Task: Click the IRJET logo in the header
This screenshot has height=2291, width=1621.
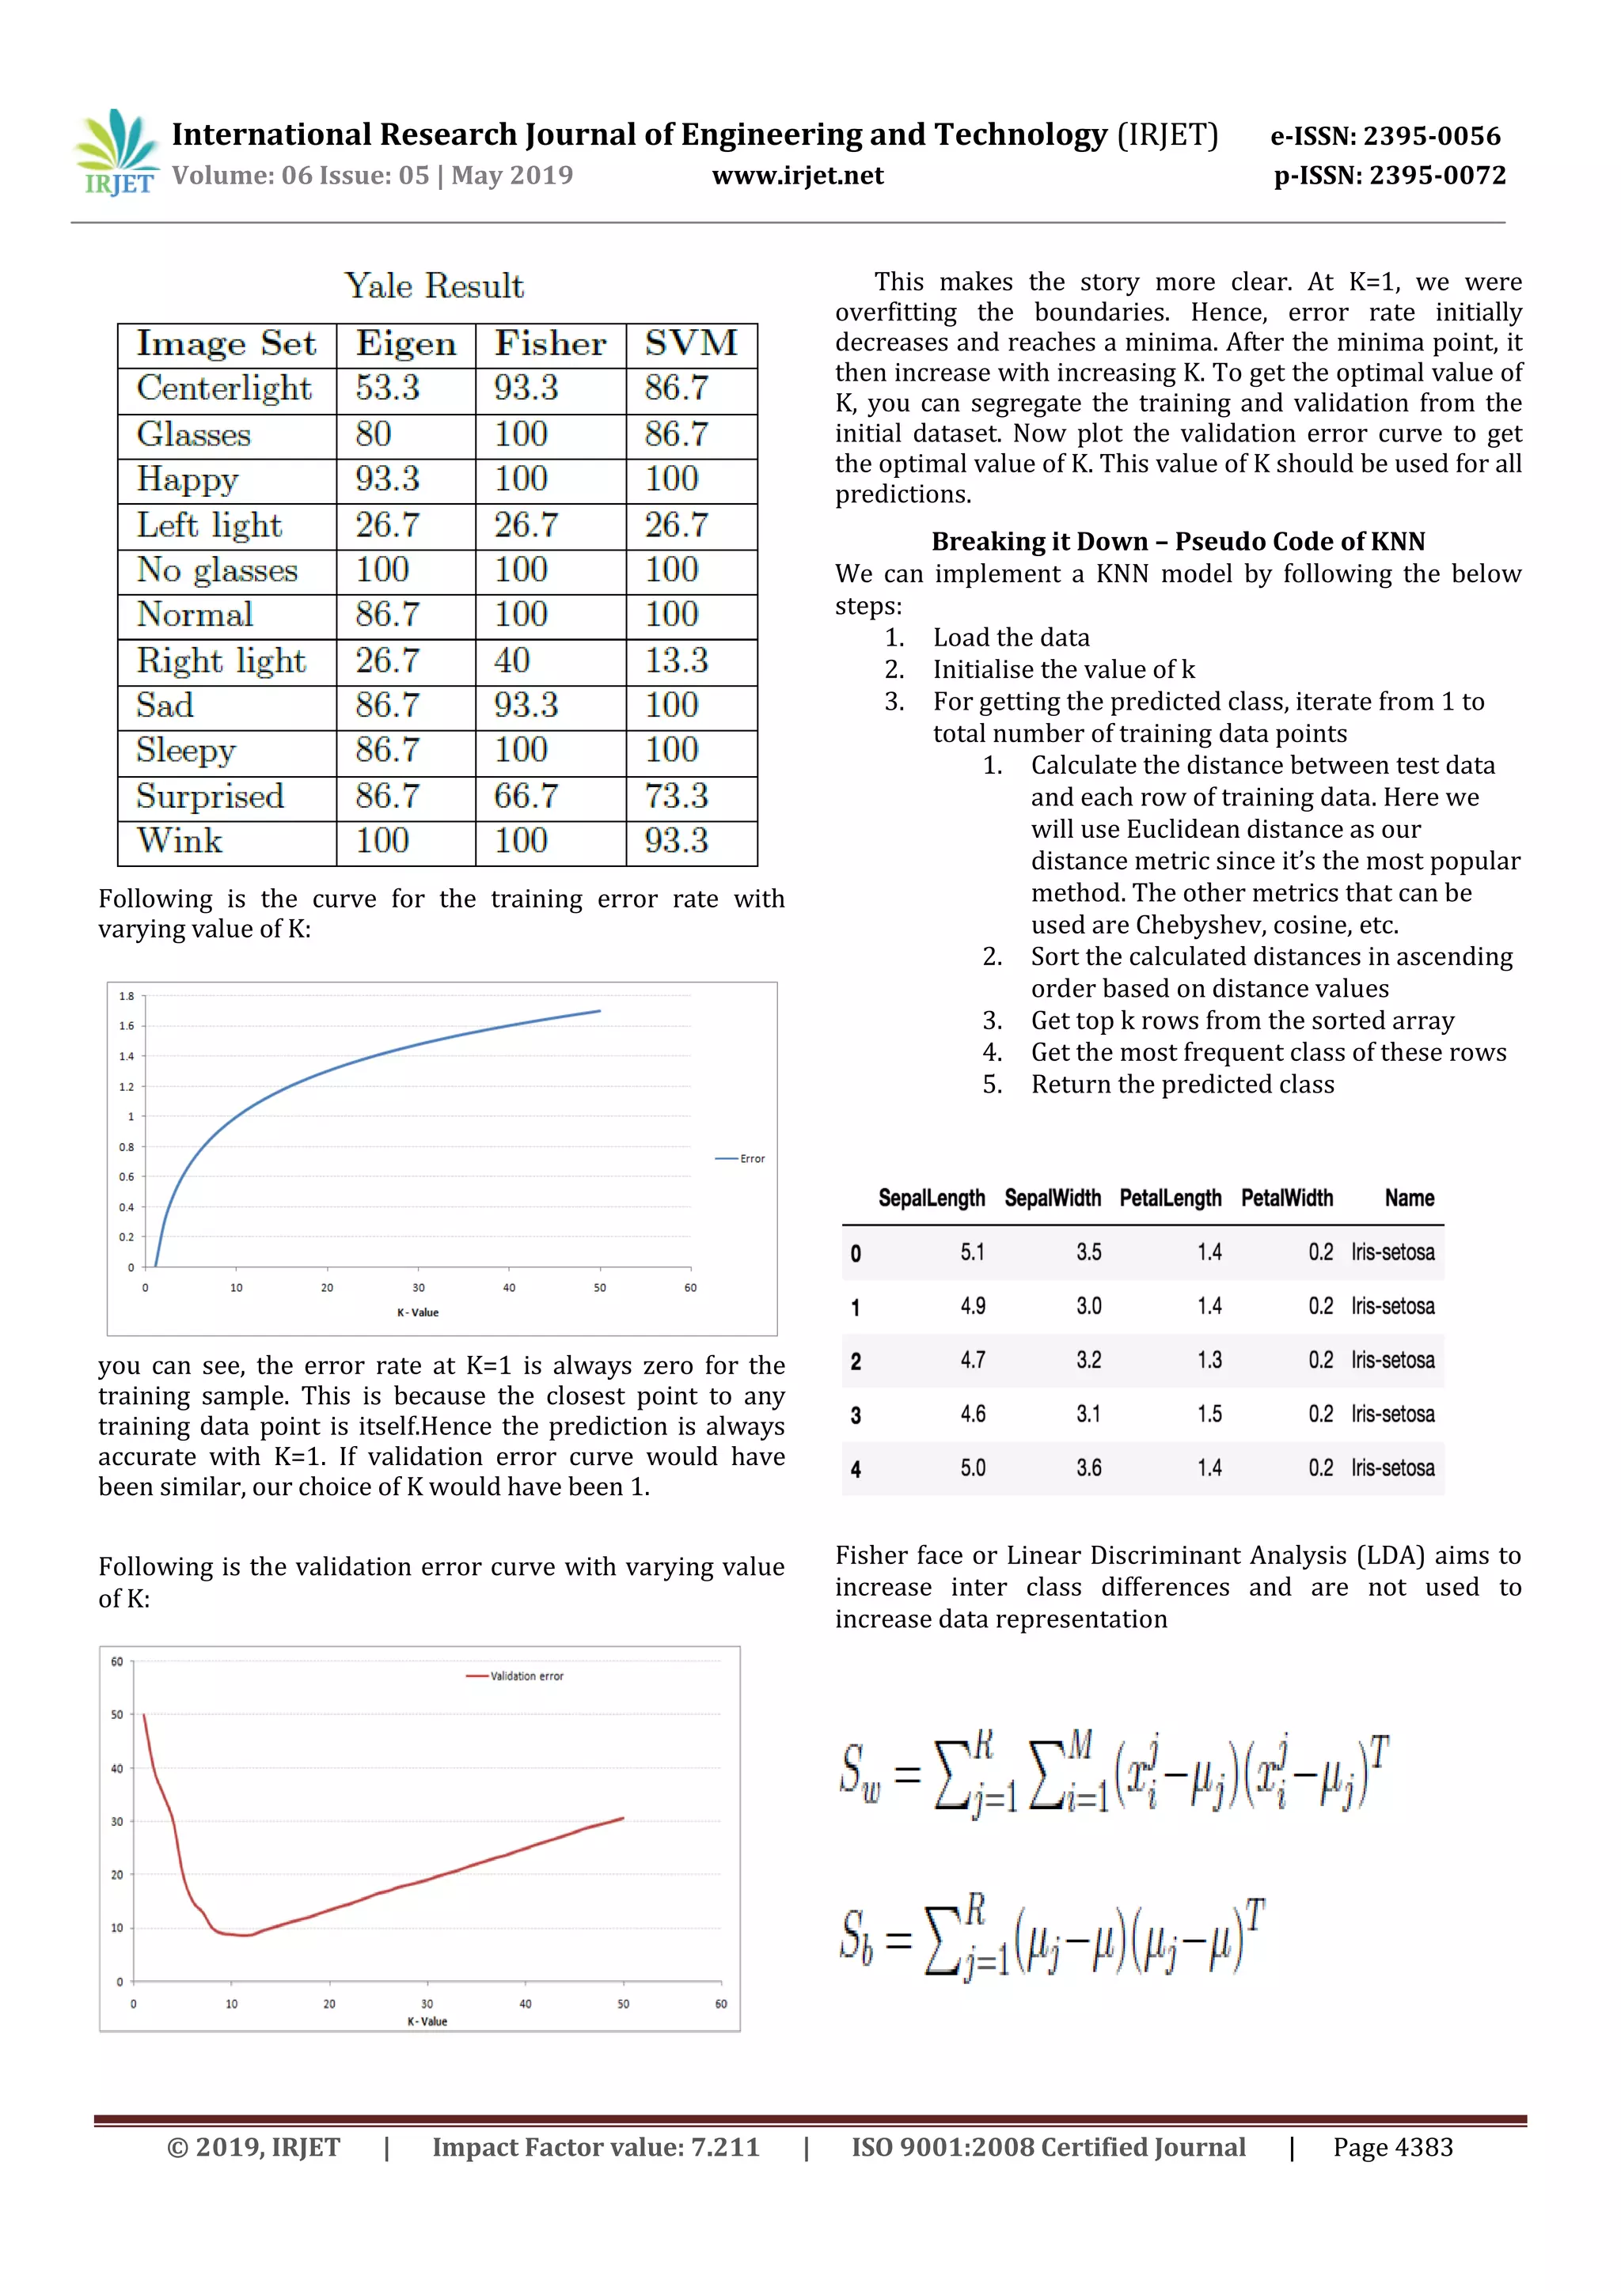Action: pos(116,153)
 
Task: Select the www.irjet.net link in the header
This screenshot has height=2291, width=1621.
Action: pos(798,176)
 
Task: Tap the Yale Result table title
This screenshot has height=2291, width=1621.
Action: pos(435,286)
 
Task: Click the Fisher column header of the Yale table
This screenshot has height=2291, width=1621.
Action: pos(550,343)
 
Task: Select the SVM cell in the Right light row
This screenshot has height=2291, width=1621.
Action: pos(676,661)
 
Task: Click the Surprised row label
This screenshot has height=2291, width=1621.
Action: pos(211,797)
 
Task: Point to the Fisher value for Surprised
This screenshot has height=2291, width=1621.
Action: pos(526,797)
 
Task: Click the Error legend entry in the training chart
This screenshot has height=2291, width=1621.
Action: pos(741,1158)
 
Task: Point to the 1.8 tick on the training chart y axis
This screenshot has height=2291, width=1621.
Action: pos(127,996)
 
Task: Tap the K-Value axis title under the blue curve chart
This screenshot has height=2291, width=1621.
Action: pos(417,1312)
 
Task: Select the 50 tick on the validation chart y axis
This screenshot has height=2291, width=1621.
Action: pos(118,1715)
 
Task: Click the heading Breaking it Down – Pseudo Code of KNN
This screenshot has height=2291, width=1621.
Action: pos(1178,541)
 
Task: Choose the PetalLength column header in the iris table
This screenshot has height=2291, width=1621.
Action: pos(1170,1199)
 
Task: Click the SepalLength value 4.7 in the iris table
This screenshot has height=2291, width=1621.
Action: pos(972,1360)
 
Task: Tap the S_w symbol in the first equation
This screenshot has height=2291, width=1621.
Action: pos(860,1773)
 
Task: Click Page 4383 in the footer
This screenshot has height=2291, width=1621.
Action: pos(1392,2147)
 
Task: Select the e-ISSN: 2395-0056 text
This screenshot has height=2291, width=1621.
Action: pos(1384,137)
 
